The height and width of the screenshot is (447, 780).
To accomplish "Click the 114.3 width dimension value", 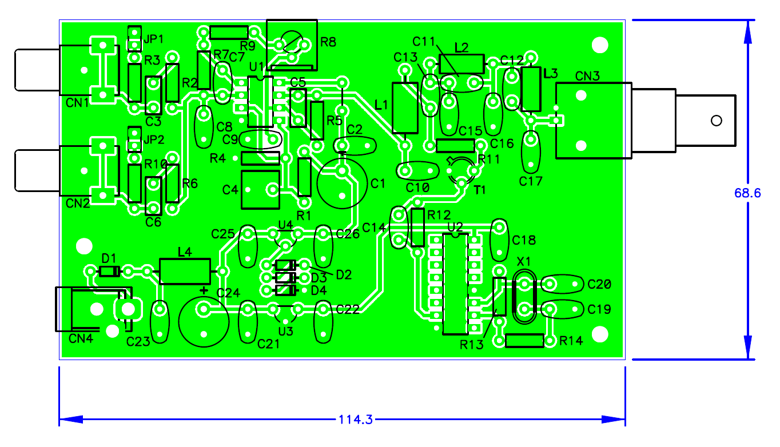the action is (x=356, y=420).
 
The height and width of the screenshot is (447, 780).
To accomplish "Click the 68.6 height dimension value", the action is (x=747, y=193).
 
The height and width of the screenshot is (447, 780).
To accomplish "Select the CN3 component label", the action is (x=587, y=76).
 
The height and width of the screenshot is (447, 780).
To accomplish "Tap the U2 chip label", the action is (x=455, y=227).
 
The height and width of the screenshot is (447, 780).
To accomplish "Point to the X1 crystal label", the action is (x=524, y=261).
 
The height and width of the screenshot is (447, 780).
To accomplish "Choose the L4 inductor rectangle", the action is (x=185, y=272).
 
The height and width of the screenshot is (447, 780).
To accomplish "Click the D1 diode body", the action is (x=109, y=272).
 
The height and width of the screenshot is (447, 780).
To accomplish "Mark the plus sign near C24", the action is (x=204, y=290).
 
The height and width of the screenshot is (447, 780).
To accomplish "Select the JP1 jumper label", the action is (x=154, y=39).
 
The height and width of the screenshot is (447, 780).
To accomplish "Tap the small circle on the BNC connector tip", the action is (x=717, y=121).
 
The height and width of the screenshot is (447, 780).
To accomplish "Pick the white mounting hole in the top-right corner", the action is (x=600, y=45).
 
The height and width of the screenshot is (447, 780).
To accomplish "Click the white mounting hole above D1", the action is (x=84, y=246).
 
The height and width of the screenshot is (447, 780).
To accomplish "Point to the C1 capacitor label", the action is (x=378, y=183).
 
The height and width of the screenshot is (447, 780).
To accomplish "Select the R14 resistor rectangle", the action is (x=524, y=341).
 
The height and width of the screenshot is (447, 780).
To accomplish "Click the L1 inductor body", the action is (x=405, y=108).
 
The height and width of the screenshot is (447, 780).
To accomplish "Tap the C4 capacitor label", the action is (x=230, y=190).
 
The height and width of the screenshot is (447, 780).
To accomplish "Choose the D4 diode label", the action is (x=319, y=290).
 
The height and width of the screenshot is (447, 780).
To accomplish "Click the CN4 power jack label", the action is (x=81, y=338).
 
